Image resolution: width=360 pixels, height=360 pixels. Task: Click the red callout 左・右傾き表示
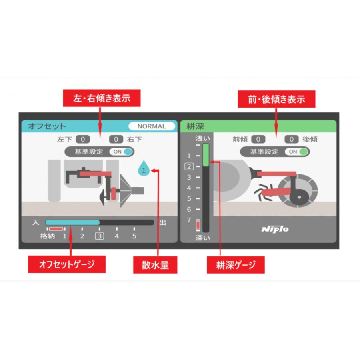tap(102, 98)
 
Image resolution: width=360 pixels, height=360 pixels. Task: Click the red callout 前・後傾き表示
tap(276, 99)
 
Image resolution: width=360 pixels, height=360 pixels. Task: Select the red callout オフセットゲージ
tap(66, 264)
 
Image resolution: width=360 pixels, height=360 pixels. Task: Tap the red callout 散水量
tap(154, 264)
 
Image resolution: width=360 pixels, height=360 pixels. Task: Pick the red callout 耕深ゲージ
tap(236, 264)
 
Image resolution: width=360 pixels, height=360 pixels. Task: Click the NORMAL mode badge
tap(152, 126)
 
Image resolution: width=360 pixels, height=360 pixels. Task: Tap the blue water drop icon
tap(144, 169)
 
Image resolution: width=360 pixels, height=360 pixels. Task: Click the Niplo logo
tap(275, 229)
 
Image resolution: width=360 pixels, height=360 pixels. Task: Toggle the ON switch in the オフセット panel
tap(123, 152)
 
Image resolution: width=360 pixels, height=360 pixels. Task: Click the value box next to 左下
tap(83, 140)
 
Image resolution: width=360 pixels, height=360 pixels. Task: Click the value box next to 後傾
tap(292, 140)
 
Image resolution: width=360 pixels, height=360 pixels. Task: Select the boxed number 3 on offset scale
tap(99, 236)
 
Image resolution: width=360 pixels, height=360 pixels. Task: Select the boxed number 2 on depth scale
tap(189, 166)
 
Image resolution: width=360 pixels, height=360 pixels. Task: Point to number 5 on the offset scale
tap(134, 236)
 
